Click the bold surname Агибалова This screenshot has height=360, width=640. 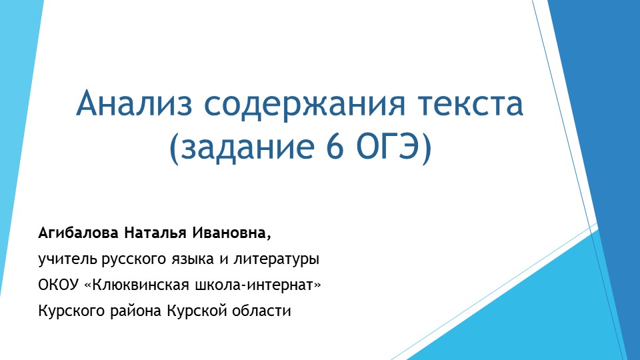pyautogui.click(x=78, y=234)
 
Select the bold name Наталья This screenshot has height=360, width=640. pyautogui.click(x=155, y=234)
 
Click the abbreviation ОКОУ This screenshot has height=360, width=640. pyautogui.click(x=59, y=285)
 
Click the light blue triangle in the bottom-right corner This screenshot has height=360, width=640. pyautogui.click(x=533, y=313)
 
